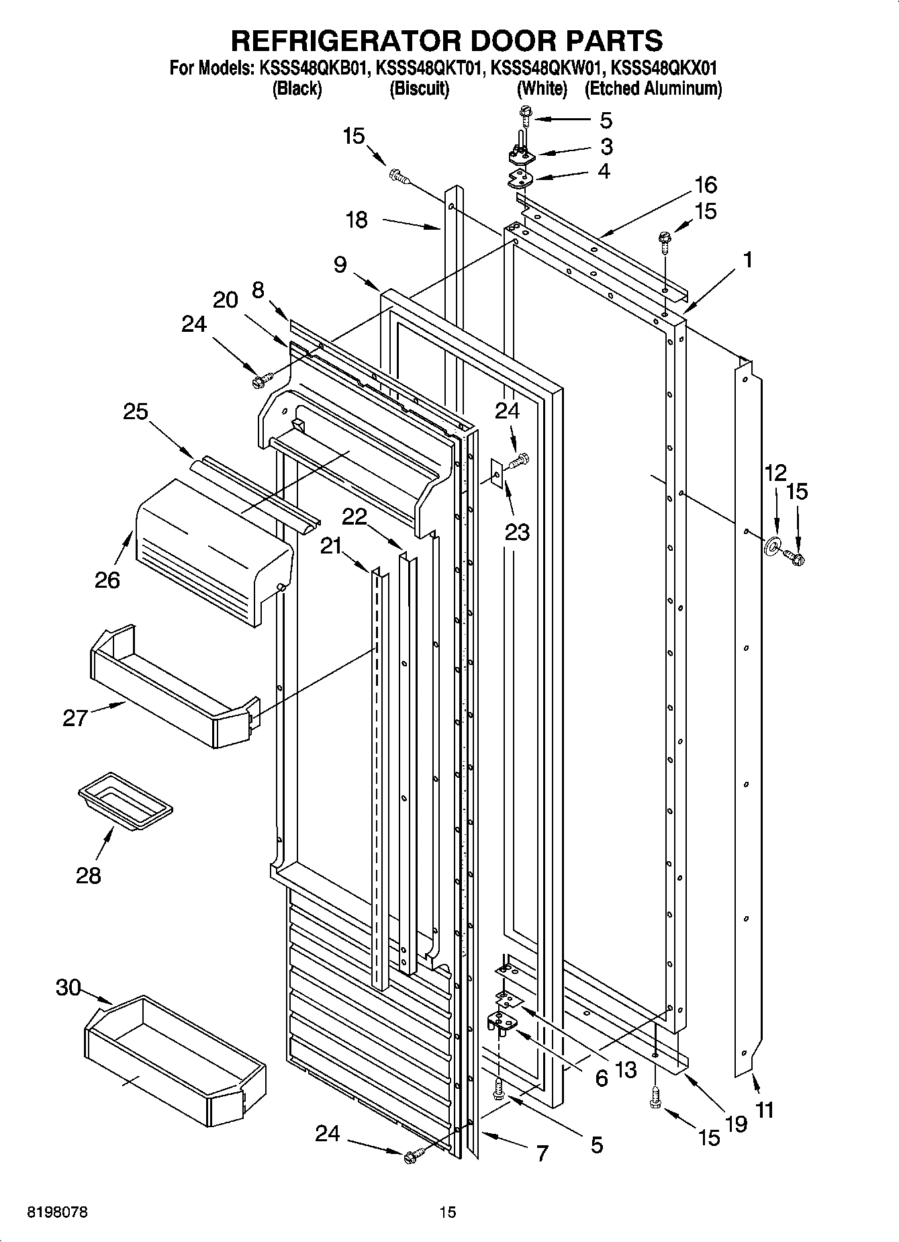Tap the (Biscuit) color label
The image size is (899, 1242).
pos(419,89)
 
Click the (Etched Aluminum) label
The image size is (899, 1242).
pos(653,89)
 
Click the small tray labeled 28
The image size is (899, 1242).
pos(126,800)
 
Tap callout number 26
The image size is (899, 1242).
pos(107,579)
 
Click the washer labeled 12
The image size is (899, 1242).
pos(771,545)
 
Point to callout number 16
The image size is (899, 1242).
pos(706,184)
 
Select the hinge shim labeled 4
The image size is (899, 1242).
pos(520,179)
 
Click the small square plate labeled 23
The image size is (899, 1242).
pos(497,476)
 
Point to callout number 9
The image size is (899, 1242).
pos(340,265)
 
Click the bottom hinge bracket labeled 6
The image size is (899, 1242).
pos(501,1023)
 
